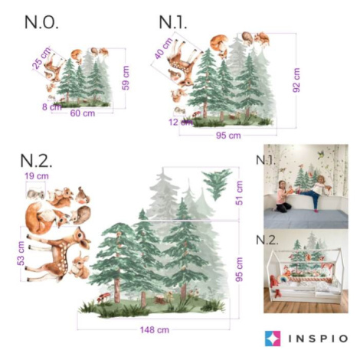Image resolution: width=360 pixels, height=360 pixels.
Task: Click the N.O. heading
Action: click(41, 22)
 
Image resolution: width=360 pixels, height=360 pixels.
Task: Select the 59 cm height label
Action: click(126, 78)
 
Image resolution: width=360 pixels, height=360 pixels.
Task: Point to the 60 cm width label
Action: click(83, 113)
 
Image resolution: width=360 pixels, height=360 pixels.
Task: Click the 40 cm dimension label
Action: click(164, 48)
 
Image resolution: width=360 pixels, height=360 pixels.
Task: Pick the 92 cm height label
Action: click(296, 80)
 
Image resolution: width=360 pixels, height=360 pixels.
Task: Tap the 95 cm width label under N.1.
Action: click(228, 136)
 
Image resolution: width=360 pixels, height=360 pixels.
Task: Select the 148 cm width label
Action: click(155, 330)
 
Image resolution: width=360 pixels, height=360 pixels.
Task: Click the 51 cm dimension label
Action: click(239, 193)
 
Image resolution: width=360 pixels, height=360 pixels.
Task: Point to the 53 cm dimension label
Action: click(21, 254)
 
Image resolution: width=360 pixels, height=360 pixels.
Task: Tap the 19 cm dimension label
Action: click(37, 176)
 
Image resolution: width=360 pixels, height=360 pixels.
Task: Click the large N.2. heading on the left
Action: click(36, 161)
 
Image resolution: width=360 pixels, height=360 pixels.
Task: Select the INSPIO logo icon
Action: click(273, 339)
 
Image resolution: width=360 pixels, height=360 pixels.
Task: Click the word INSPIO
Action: click(318, 339)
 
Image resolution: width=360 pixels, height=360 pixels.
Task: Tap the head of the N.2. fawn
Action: click(82, 238)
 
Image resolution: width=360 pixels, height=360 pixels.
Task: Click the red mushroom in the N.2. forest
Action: click(103, 297)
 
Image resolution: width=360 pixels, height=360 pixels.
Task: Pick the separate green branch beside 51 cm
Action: click(218, 184)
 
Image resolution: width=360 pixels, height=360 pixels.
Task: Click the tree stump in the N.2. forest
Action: click(160, 299)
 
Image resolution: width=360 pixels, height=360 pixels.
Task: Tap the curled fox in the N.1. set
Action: click(219, 45)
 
